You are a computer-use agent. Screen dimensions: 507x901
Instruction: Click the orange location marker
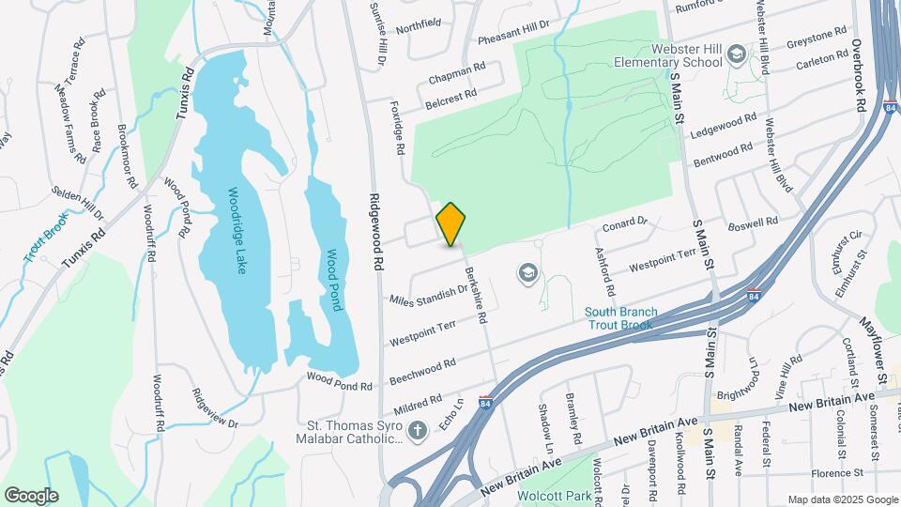(450, 223)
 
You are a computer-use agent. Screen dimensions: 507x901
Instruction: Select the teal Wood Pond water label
(334, 280)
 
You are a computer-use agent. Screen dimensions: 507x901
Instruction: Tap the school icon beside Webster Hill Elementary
(736, 55)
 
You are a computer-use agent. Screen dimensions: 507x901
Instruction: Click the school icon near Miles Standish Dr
(528, 272)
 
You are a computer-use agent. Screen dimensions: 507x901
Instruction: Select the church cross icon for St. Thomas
(418, 431)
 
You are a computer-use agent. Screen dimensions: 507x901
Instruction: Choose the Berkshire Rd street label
(476, 295)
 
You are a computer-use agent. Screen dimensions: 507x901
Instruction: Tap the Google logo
(31, 496)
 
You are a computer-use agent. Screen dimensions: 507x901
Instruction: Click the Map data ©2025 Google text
(842, 499)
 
